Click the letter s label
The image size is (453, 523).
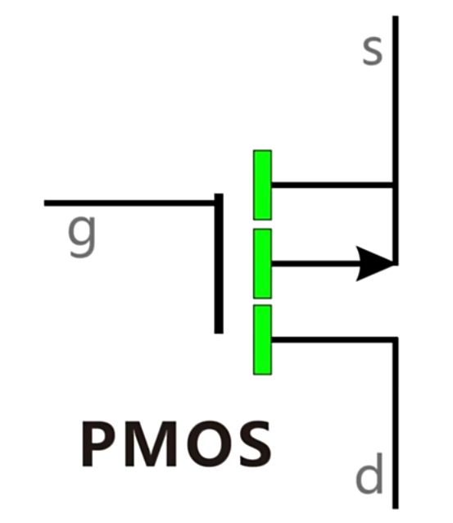click(372, 50)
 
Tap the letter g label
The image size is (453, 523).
click(82, 235)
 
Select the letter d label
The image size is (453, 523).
click(369, 473)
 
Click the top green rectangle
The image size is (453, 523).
click(262, 185)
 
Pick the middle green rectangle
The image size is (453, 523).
click(262, 263)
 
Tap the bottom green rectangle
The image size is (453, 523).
click(262, 339)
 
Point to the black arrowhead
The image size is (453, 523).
click(375, 264)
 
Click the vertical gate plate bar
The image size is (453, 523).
click(219, 263)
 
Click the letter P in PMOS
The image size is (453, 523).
click(97, 444)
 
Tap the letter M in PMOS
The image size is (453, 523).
click(151, 444)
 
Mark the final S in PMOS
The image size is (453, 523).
click(256, 444)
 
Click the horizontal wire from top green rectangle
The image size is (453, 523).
click(333, 185)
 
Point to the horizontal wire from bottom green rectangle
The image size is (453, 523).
click(333, 340)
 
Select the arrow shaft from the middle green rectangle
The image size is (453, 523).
click(315, 264)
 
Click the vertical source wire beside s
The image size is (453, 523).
click(396, 140)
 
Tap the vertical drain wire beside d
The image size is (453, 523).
click(396, 423)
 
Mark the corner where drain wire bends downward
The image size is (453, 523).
click(396, 340)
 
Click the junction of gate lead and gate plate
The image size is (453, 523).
click(219, 202)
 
